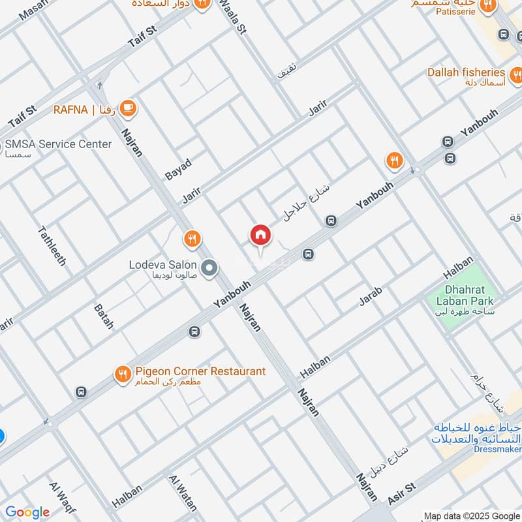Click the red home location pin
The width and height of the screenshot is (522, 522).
click(260, 236)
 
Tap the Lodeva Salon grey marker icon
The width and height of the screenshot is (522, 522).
click(209, 268)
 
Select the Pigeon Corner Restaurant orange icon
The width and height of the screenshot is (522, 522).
click(122, 374)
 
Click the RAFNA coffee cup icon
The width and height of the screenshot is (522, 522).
click(128, 108)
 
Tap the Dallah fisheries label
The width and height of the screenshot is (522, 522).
click(466, 72)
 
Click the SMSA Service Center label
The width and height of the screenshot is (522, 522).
click(58, 144)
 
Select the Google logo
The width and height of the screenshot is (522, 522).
click(27, 512)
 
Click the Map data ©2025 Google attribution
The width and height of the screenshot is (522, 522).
click(471, 515)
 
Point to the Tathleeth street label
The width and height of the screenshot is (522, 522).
click(52, 245)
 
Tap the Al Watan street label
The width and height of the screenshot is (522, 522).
click(183, 493)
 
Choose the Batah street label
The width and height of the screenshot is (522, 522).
click(103, 316)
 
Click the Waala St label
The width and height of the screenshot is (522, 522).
click(233, 18)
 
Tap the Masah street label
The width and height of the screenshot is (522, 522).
click(35, 10)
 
